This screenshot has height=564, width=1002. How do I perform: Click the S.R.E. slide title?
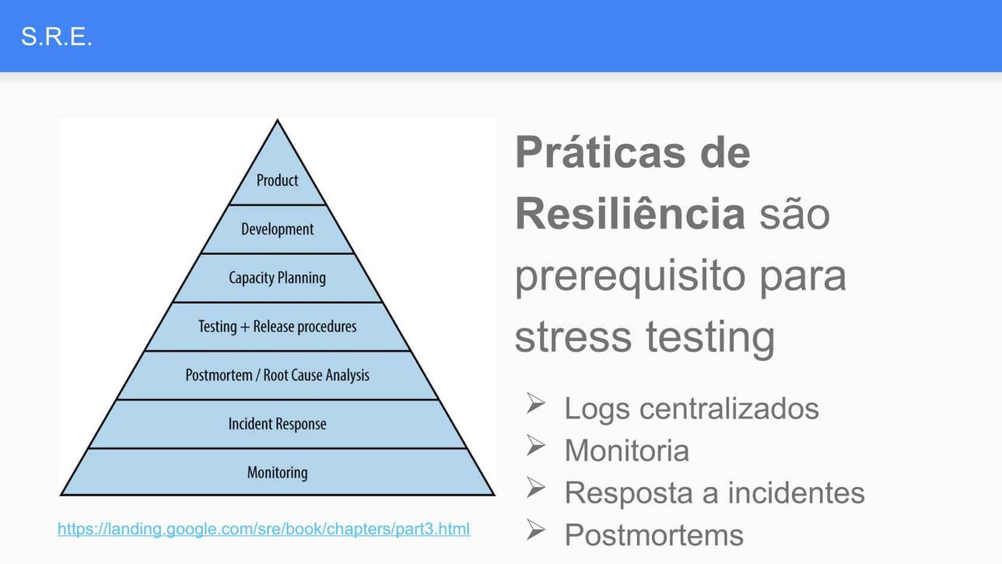[x=56, y=37]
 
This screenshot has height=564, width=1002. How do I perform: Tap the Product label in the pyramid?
[x=277, y=180]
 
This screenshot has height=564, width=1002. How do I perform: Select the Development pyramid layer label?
[x=277, y=229]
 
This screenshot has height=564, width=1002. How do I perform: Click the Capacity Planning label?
[x=277, y=278]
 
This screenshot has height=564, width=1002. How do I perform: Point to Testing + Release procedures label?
[x=277, y=327]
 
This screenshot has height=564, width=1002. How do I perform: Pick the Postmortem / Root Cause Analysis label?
[x=277, y=375]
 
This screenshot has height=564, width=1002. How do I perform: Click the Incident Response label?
[x=277, y=423]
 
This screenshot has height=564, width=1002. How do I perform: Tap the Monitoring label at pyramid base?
[x=277, y=473]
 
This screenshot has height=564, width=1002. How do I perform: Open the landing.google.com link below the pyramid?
[x=264, y=529]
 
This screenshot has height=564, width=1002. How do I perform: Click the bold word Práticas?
[x=601, y=152]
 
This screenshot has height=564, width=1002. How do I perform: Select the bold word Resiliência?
[x=630, y=214]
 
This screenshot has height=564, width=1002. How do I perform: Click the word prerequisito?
[x=630, y=276]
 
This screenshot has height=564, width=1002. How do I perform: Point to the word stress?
[x=573, y=337]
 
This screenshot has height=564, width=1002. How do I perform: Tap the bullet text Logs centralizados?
[x=692, y=408]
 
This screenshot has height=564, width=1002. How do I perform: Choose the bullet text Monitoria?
[x=627, y=450]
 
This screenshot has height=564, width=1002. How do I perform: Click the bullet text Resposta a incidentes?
[x=715, y=493]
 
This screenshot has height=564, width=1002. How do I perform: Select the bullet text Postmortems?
[x=654, y=535]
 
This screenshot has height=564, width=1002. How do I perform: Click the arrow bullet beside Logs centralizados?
[x=535, y=403]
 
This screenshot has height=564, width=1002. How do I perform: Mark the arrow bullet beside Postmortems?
[x=535, y=530]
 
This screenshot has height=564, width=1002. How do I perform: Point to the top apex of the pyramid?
[x=277, y=120]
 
